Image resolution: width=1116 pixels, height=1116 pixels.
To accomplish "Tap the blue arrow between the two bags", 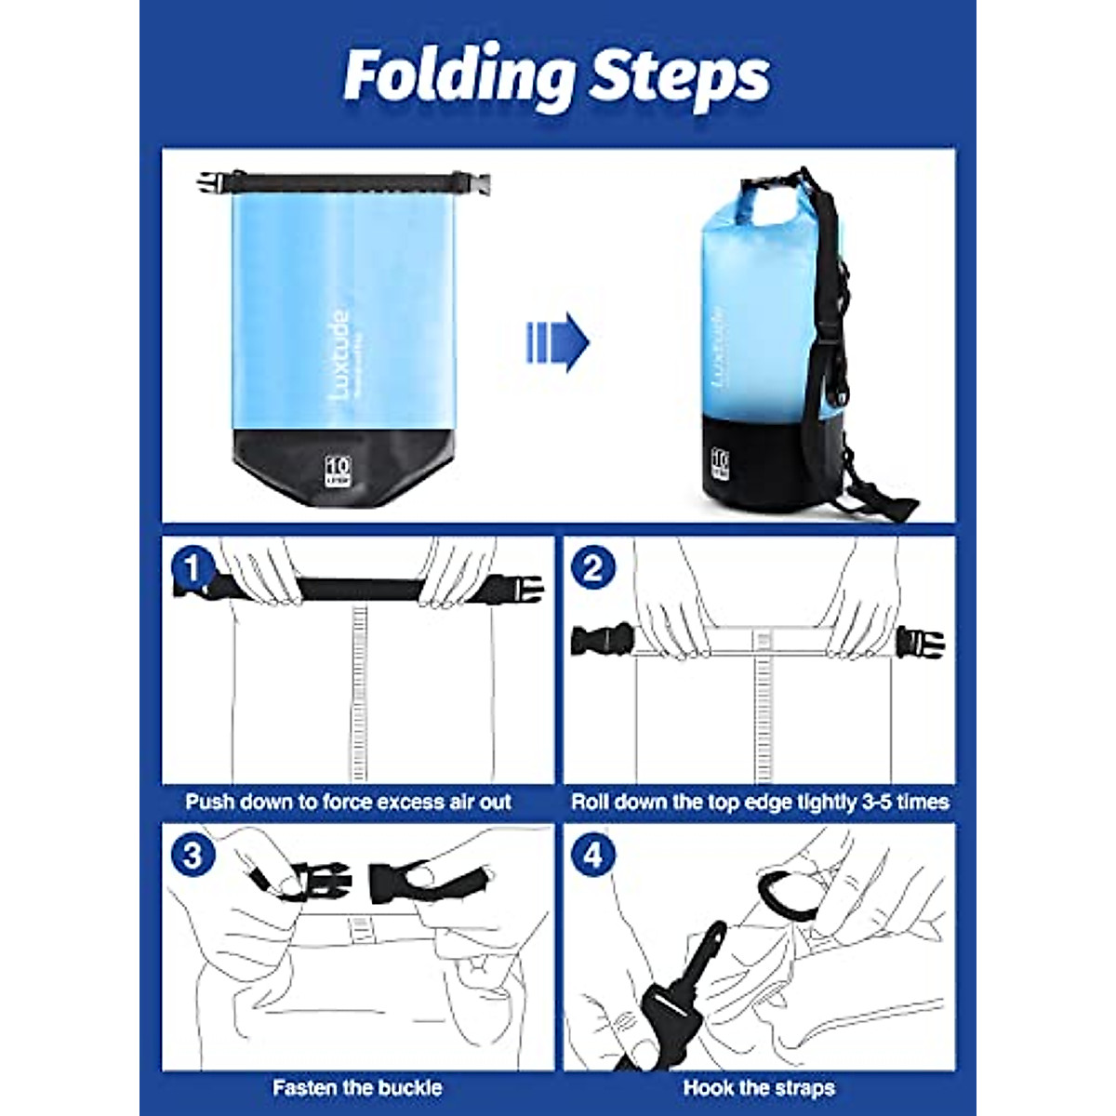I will (x=558, y=343).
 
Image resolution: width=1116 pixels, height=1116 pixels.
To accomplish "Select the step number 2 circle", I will (x=593, y=567).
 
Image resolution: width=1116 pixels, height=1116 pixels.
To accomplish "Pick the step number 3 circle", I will (x=193, y=854).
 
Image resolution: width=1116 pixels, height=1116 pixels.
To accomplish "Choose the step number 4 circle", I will (x=593, y=854).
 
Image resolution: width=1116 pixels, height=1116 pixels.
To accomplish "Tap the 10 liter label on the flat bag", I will (x=337, y=469).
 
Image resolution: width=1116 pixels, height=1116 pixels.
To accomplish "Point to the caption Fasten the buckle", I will (x=357, y=1087).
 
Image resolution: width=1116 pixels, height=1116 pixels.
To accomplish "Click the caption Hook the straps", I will (x=759, y=1087).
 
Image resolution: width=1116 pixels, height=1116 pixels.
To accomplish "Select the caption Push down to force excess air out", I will (x=348, y=802).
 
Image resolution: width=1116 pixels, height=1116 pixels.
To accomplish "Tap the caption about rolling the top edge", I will (x=760, y=802).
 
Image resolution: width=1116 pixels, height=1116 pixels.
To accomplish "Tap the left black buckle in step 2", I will (x=600, y=641).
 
